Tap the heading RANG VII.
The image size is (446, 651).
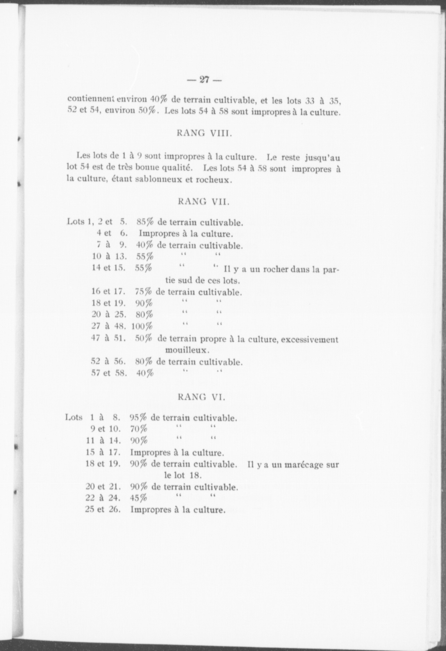click(x=203, y=202)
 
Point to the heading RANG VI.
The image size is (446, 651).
click(x=201, y=397)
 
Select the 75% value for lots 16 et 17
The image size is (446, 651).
click(x=143, y=293)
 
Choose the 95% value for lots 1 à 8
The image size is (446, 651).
click(x=138, y=418)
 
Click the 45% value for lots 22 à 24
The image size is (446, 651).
click(x=138, y=499)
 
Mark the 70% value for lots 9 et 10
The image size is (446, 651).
click(x=138, y=429)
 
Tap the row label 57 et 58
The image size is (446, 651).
click(x=109, y=373)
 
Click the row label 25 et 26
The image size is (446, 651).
click(x=103, y=509)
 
